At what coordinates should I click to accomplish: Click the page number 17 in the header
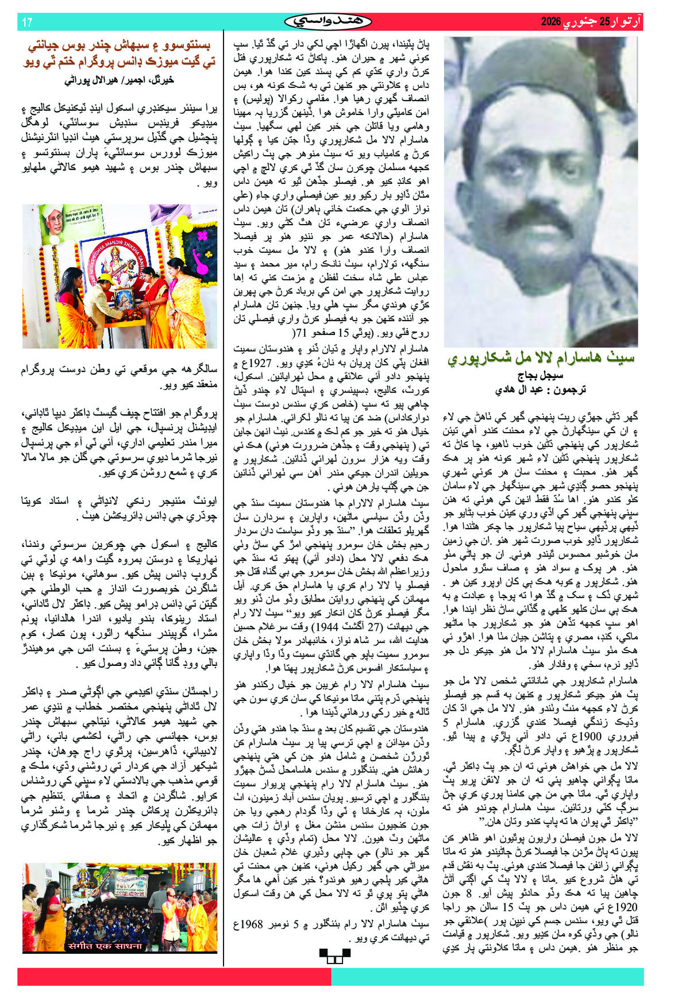click(27, 22)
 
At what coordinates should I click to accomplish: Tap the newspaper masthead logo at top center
click(328, 22)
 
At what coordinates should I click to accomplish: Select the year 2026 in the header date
click(550, 22)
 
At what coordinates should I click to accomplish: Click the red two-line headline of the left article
click(120, 53)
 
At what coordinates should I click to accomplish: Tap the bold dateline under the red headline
click(119, 80)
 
